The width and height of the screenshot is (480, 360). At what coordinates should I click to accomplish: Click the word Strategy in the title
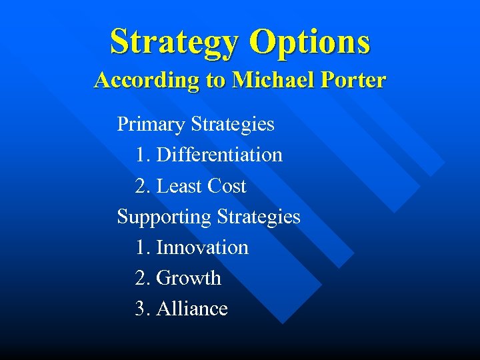pyautogui.click(x=175, y=41)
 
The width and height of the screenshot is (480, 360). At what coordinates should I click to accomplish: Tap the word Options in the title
pyautogui.click(x=309, y=41)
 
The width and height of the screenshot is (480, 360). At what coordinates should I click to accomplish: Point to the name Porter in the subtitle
pyautogui.click(x=354, y=81)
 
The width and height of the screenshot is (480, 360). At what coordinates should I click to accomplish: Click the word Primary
pyautogui.click(x=151, y=124)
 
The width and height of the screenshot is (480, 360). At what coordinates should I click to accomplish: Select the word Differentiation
pyautogui.click(x=219, y=155)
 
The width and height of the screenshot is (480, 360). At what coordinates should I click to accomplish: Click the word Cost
pyautogui.click(x=227, y=186)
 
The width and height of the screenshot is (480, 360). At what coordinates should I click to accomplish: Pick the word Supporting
pyautogui.click(x=164, y=217)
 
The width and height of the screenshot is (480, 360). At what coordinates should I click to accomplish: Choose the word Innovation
pyautogui.click(x=202, y=247)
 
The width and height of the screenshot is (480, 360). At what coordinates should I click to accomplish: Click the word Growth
pyautogui.click(x=188, y=278)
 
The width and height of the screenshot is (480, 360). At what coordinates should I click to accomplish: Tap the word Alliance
pyautogui.click(x=192, y=309)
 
